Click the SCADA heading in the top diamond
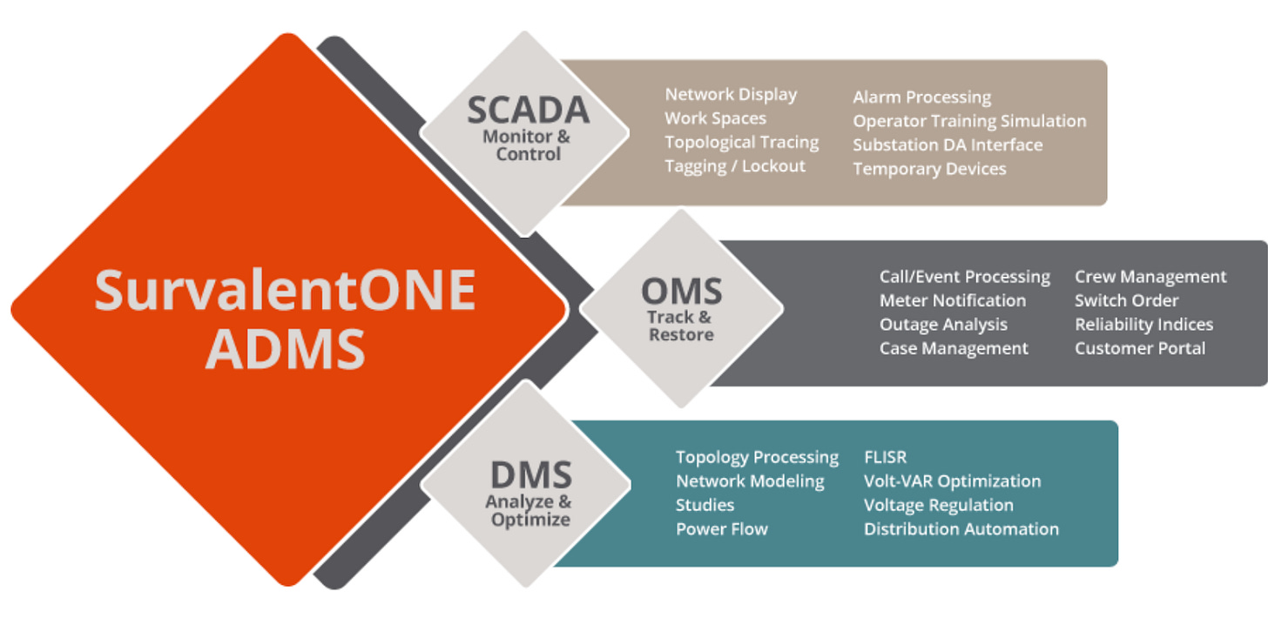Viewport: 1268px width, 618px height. tap(528, 111)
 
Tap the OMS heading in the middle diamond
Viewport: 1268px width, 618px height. tap(681, 290)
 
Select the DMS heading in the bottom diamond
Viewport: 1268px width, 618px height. tap(530, 475)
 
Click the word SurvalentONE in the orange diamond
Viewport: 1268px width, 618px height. tap(285, 291)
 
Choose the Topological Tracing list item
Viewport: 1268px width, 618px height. tap(741, 142)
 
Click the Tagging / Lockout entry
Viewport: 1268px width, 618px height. tap(735, 165)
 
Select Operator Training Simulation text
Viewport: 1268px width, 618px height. tap(969, 121)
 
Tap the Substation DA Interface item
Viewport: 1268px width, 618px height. tap(947, 145)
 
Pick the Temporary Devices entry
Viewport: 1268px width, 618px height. tap(929, 169)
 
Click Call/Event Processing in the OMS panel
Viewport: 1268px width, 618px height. tap(964, 277)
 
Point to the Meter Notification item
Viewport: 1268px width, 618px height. tap(952, 300)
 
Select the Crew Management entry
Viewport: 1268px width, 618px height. tap(1150, 277)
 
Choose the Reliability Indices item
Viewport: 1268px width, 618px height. tap(1143, 325)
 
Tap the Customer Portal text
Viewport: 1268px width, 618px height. tap(1139, 348)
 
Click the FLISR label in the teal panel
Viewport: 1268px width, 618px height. tap(885, 457)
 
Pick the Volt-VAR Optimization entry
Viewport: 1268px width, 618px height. tap(952, 481)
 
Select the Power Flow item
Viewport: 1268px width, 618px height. tap(721, 528)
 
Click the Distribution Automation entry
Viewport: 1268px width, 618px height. tap(961, 528)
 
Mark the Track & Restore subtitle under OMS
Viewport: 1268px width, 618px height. tap(680, 326)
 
